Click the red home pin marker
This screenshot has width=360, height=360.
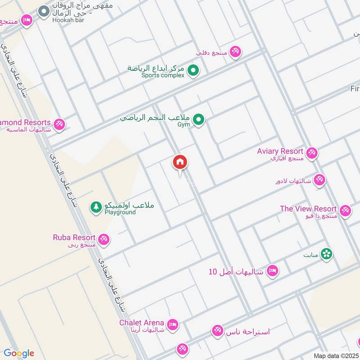tap(180, 162)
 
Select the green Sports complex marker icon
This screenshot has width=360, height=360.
tap(193, 71)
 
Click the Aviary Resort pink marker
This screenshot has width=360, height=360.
tap(312, 153)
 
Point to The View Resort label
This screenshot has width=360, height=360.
tap(308, 209)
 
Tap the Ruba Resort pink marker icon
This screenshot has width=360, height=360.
tap(104, 239)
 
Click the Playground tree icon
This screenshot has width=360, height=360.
tap(96, 207)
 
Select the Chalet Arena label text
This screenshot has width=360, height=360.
tap(141, 323)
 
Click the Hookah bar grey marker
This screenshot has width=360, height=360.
tap(44, 11)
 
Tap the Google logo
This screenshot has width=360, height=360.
tap(19, 353)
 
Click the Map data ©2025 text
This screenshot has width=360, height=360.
tap(336, 356)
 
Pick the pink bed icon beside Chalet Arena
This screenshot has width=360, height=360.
tap(172, 324)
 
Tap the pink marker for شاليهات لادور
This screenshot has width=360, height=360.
tap(319, 180)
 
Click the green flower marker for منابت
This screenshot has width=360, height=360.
tap(326, 254)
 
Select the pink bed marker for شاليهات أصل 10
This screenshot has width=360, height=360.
tap(272, 271)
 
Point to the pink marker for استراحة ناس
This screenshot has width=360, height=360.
tap(218, 331)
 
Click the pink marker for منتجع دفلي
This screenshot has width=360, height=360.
tap(235, 52)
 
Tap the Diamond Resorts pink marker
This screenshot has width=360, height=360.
tap(59, 124)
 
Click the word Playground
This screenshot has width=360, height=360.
tap(120, 212)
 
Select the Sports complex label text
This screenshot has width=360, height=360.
tap(163, 76)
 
